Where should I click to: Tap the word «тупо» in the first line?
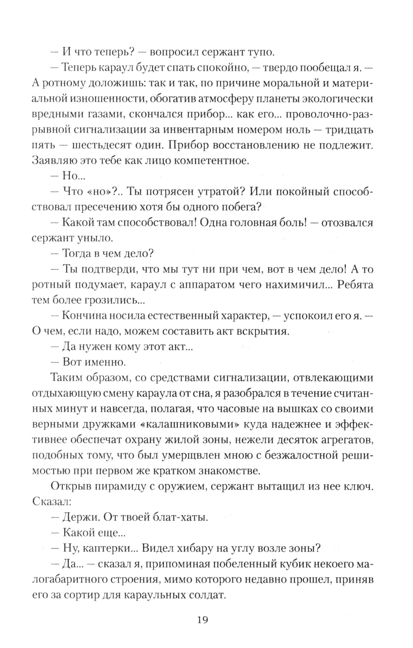259,53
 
